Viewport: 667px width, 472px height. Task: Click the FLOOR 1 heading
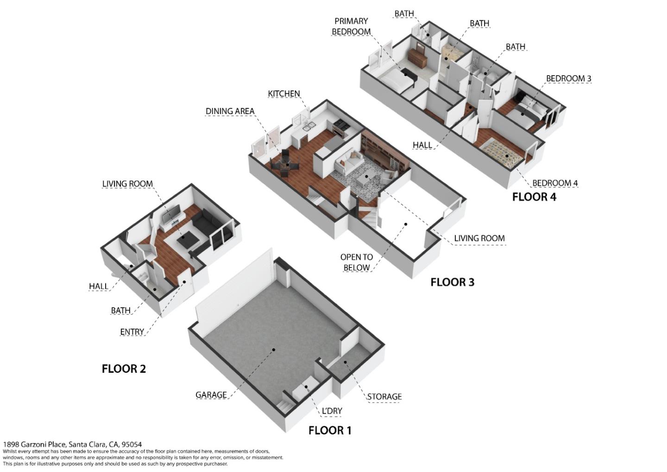click(x=330, y=431)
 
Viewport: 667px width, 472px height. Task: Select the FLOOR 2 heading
click(x=124, y=369)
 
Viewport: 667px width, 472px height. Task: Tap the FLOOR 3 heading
click(x=452, y=282)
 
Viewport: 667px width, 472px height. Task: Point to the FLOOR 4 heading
click(x=534, y=197)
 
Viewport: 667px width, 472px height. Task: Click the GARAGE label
click(x=211, y=395)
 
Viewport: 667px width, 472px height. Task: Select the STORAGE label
click(x=384, y=396)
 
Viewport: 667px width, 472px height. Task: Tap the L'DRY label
click(x=332, y=411)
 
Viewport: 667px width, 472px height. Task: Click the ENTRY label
click(x=132, y=332)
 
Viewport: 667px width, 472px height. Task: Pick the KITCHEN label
click(x=284, y=94)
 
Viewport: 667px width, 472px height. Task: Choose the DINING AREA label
click(x=230, y=111)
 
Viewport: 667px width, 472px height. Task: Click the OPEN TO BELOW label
click(x=357, y=262)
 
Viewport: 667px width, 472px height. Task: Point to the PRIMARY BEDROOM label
click(x=351, y=26)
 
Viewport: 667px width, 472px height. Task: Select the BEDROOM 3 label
click(x=568, y=78)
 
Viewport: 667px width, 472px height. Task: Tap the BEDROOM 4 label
click(x=555, y=183)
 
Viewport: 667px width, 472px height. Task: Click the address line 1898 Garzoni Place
click(x=72, y=445)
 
